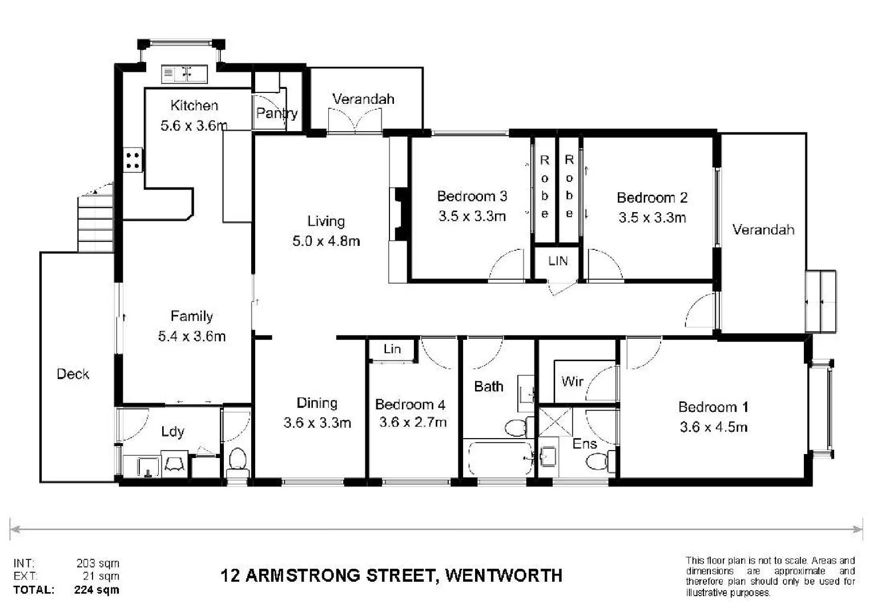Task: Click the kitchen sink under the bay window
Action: tap(184, 73)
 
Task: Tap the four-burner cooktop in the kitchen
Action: tap(133, 159)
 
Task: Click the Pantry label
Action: tap(276, 113)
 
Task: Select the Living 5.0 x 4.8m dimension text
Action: tap(326, 241)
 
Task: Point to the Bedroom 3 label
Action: tap(472, 196)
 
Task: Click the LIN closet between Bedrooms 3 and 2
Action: tap(557, 261)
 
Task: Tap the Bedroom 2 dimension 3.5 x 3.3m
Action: tap(652, 217)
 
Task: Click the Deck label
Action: tap(73, 374)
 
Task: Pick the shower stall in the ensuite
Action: tap(555, 422)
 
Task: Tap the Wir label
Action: tap(572, 381)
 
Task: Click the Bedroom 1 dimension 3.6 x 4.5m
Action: tap(713, 427)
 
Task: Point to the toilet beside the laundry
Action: tap(237, 461)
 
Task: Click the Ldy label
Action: tap(172, 431)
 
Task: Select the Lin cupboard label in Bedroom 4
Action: tap(392, 349)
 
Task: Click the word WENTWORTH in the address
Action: tap(504, 575)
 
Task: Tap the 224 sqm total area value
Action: tap(96, 590)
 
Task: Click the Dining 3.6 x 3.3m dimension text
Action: tap(317, 423)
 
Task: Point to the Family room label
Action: tap(191, 316)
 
